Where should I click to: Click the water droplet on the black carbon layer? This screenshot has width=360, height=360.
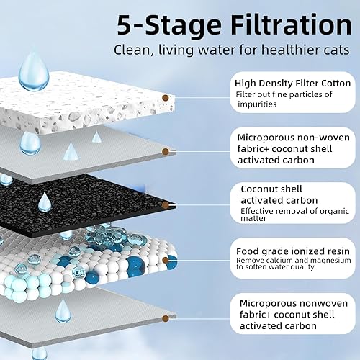coord(45,200)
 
